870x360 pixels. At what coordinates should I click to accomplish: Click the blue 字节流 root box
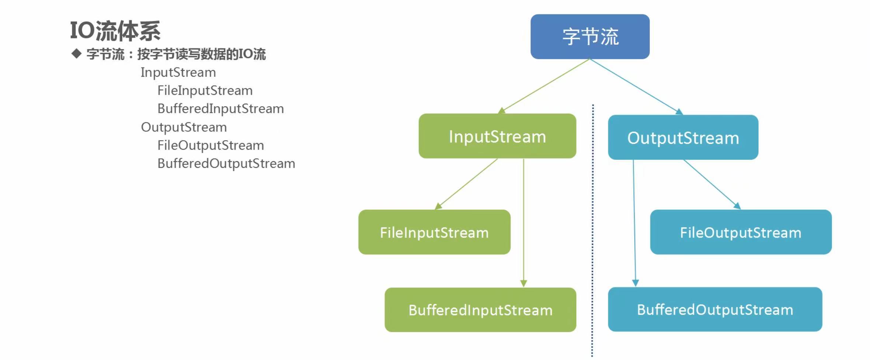coord(590,37)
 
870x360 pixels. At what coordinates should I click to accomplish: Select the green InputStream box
coord(497,136)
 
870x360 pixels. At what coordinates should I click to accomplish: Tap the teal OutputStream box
coord(683,137)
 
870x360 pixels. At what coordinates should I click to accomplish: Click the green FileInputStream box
coord(434,232)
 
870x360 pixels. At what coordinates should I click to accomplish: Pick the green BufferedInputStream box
coord(480,310)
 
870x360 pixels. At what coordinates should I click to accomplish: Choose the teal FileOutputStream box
coord(741,232)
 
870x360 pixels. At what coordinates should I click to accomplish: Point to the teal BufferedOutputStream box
coord(715,309)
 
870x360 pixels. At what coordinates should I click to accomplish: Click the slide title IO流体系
coord(115,31)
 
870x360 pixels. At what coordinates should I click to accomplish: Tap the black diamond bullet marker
coord(76,54)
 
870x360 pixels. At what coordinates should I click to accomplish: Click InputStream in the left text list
coord(178,73)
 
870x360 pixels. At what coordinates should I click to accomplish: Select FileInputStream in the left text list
coord(205,91)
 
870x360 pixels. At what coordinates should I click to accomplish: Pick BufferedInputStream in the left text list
coord(220,109)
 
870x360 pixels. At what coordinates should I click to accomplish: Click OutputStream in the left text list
coord(184,127)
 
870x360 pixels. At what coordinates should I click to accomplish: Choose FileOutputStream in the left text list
coord(210,145)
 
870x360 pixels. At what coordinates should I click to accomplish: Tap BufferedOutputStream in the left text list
coord(226,164)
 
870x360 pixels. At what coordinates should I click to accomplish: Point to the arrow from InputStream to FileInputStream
coord(466,184)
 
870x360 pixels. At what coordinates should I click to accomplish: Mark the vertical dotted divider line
coord(593,231)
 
